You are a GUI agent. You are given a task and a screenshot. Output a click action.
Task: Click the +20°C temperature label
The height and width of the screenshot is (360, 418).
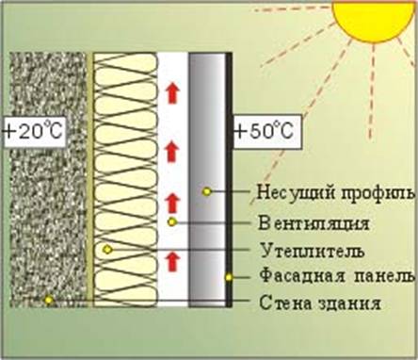pos(32,131)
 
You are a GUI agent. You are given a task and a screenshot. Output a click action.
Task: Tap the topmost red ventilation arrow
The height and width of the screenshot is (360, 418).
pos(172,91)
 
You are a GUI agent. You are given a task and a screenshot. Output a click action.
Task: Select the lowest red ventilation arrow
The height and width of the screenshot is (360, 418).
pos(172,259)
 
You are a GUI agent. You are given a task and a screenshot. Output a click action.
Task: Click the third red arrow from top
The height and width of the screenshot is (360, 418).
pos(172,201)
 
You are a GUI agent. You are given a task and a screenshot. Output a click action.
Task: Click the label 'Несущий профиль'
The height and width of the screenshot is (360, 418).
pos(335,193)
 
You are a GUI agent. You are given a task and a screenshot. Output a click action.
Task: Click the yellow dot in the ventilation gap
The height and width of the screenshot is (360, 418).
pos(172,221)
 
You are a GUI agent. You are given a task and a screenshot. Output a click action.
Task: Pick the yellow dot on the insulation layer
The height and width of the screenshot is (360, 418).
pos(107,249)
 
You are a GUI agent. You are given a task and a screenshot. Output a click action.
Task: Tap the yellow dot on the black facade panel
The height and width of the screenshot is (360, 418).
pos(229,277)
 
